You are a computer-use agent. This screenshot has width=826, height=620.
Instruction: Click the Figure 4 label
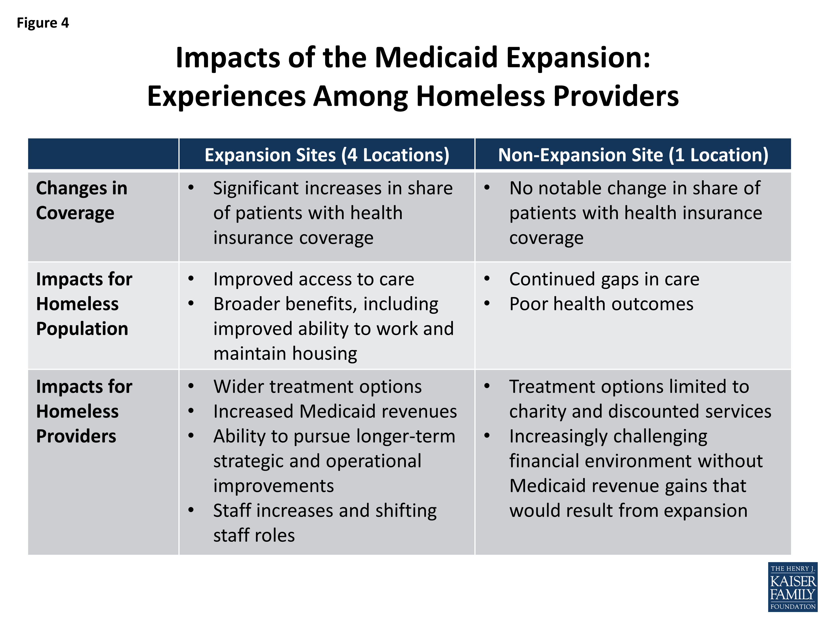click(x=43, y=23)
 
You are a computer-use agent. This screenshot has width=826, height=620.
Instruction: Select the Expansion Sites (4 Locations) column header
click(x=327, y=155)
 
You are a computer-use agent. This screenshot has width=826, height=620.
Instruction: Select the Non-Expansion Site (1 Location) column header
click(x=633, y=155)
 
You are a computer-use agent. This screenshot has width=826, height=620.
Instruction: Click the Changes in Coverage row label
click(x=81, y=200)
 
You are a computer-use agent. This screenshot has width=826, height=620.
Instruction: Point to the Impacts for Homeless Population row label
click(x=84, y=304)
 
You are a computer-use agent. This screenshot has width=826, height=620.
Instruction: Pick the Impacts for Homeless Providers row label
click(x=84, y=411)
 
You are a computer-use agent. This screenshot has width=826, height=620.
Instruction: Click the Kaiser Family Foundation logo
click(x=792, y=587)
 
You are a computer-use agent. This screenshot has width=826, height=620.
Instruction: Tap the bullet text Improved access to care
click(x=314, y=279)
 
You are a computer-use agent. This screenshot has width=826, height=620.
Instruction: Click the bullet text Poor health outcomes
click(x=601, y=304)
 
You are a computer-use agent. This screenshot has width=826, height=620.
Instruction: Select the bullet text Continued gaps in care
click(x=604, y=279)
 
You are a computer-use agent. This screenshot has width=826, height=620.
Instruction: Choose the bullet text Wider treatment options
click(x=317, y=386)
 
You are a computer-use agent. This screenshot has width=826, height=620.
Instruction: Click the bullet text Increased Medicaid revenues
click(x=335, y=411)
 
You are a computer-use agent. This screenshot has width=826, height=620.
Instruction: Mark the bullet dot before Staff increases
click(x=191, y=510)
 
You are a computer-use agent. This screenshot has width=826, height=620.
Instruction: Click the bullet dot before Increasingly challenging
click(x=487, y=436)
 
